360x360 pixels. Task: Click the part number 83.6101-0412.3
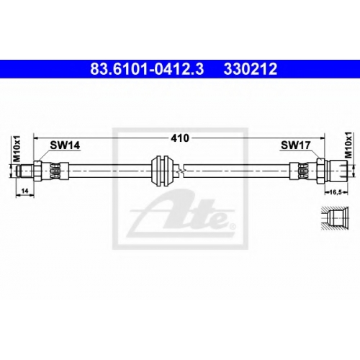click(147, 69)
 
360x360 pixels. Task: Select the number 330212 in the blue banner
click(251, 69)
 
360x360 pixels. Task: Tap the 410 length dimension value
click(180, 138)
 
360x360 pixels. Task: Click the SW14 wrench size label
click(65, 145)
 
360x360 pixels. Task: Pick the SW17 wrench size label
click(296, 145)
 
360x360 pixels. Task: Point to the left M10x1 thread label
click(17, 148)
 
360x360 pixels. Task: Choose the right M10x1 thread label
click(348, 145)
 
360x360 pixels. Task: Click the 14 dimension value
click(25, 191)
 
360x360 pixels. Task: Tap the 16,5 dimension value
click(336, 192)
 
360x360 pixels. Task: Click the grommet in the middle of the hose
click(163, 171)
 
